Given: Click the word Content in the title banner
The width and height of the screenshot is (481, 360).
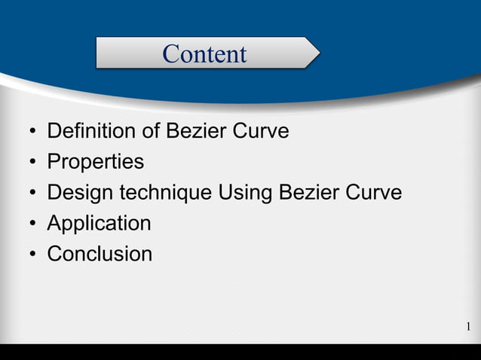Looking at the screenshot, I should pos(204,53).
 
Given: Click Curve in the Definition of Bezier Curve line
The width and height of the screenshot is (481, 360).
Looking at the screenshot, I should pos(260,131).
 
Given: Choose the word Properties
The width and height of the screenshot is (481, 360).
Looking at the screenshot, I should pos(95,162).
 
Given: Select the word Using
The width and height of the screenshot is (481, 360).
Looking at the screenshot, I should pos(246,193).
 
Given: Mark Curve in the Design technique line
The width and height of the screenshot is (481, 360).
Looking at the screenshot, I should pos(373,193).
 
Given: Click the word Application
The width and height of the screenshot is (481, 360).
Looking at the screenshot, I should pos(99,224).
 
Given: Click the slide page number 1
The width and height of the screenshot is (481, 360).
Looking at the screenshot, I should pos(468,326).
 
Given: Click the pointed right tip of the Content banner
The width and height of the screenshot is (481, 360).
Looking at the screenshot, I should pos(317,53).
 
